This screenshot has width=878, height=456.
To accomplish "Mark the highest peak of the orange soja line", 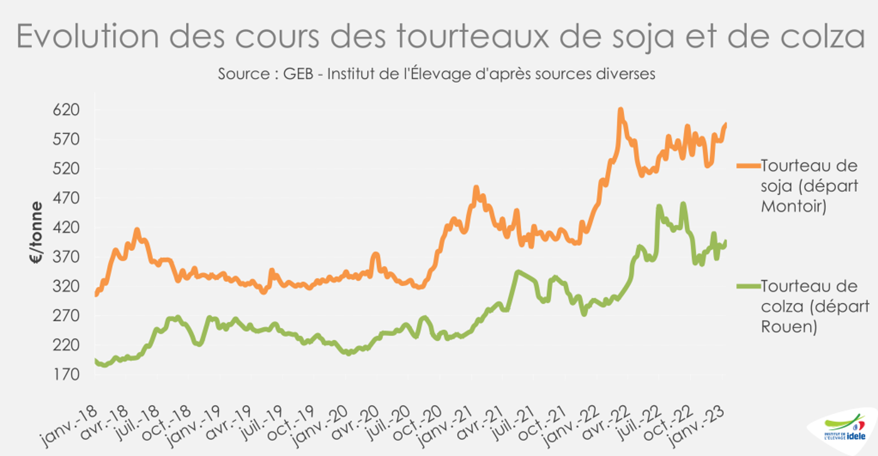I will [620, 110].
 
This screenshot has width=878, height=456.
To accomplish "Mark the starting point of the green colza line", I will [95, 360].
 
